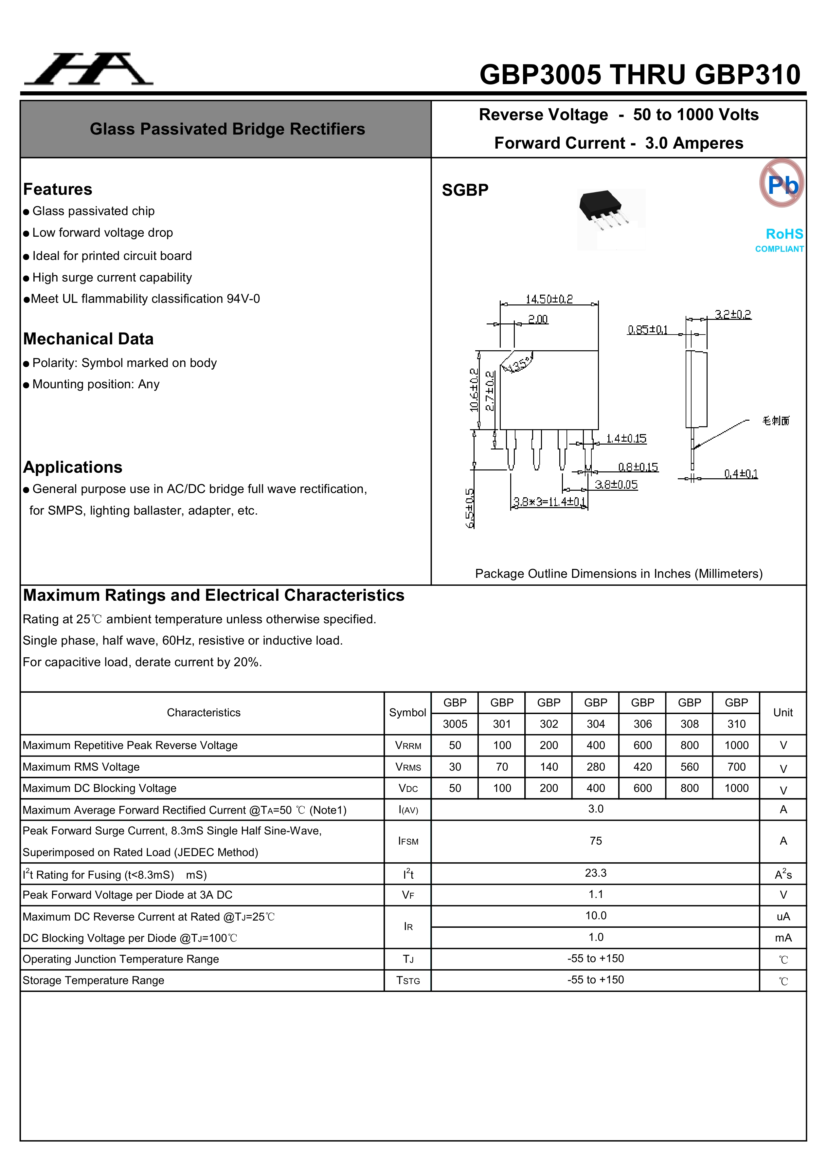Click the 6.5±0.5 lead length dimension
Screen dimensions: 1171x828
470,508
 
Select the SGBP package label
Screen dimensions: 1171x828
464,190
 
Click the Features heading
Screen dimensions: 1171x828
58,189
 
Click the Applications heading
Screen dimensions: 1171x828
72,467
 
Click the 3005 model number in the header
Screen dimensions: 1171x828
455,724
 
